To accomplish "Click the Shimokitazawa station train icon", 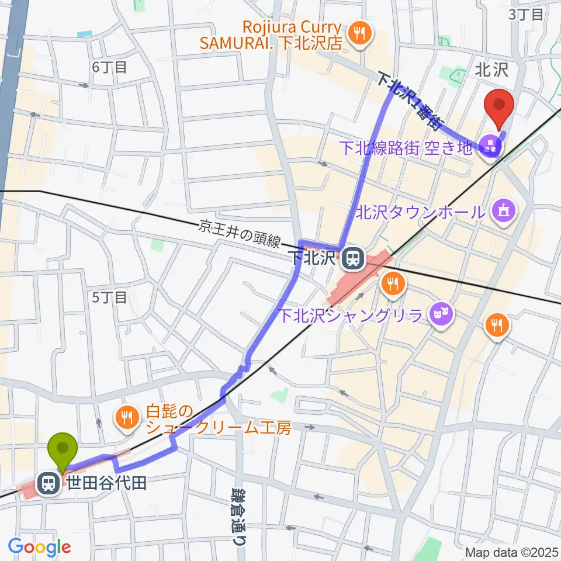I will pos(352,258).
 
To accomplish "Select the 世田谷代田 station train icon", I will pos(47,483).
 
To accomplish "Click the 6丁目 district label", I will pos(109,67).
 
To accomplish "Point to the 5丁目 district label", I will pos(109,297).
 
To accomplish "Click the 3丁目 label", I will pos(527,15).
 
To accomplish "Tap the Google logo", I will pos(39,548).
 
